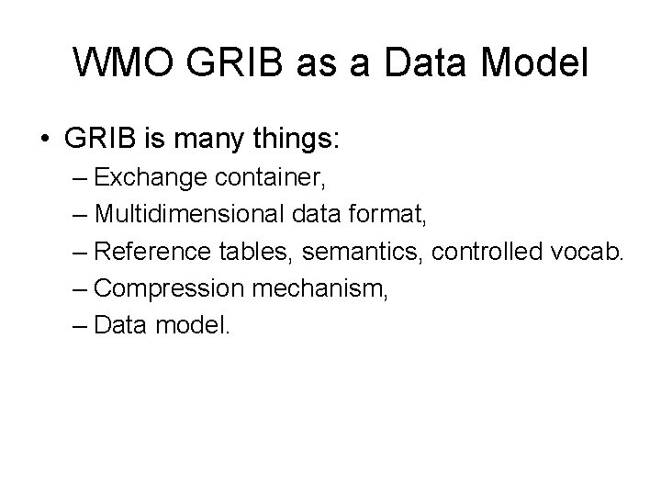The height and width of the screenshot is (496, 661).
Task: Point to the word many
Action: [x=208, y=141]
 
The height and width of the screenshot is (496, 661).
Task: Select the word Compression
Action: [x=168, y=288]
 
